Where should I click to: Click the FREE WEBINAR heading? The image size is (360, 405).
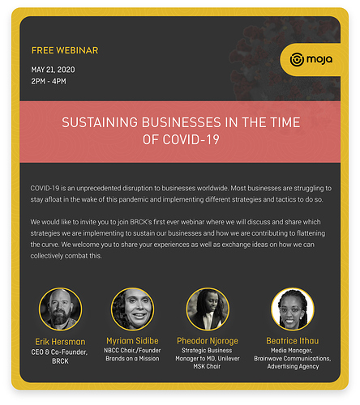point(65,50)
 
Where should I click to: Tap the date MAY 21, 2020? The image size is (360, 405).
point(53,70)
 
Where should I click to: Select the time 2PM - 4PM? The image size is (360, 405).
point(49,81)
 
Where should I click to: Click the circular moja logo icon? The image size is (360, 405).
point(297,59)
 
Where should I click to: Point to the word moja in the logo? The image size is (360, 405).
point(319,59)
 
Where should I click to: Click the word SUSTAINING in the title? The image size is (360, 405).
point(100,122)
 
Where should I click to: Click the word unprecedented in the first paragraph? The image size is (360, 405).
point(99,188)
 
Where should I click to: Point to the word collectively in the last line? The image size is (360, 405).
point(47,256)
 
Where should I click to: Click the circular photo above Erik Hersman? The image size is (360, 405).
point(60,309)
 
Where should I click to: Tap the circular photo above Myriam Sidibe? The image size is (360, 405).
point(132,309)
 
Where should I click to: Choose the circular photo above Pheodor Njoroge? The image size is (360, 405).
point(208,309)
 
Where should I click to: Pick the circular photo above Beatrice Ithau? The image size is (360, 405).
point(293,309)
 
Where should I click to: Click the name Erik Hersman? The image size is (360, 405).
point(60,342)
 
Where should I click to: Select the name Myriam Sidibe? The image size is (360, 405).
point(132,341)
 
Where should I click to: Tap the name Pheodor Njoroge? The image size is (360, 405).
point(208,341)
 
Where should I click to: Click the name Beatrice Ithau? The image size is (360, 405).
point(293,341)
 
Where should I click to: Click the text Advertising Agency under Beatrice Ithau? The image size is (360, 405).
point(294,366)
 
